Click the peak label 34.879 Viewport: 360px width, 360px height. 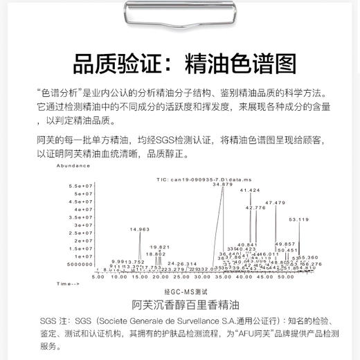point(222,185)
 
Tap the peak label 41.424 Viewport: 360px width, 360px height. point(249,190)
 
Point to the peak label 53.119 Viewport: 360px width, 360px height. point(298,219)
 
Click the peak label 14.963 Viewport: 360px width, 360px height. point(139,229)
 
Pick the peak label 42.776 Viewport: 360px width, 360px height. point(255,208)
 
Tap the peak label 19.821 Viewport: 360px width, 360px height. point(160,247)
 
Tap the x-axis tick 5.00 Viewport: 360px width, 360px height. point(98,276)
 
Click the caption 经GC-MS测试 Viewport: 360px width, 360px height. point(179,294)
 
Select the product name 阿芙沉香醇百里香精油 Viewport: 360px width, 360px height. point(179,305)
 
